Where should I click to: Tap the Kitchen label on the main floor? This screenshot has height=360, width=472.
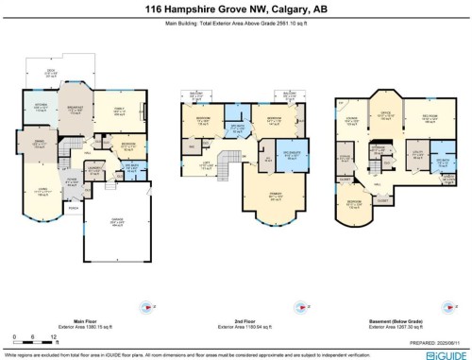42,106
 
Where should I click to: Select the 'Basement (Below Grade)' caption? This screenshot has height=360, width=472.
394,321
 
